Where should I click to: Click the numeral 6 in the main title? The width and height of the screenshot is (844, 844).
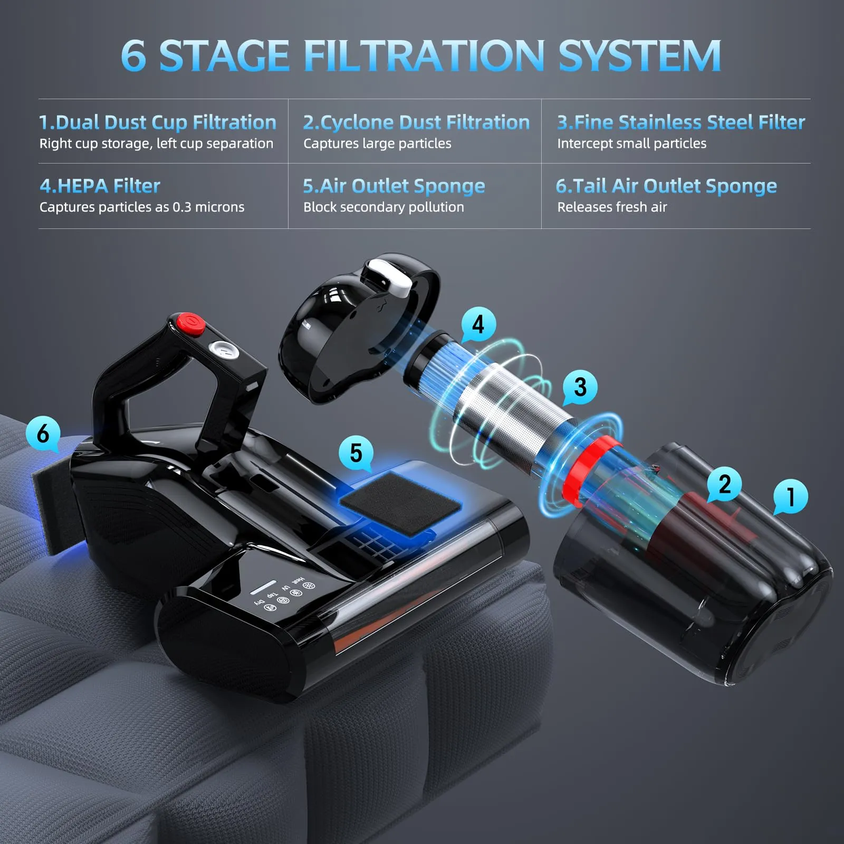[133, 55]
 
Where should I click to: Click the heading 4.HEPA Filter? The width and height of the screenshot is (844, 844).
[100, 186]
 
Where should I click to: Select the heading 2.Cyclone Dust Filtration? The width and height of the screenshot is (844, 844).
[416, 122]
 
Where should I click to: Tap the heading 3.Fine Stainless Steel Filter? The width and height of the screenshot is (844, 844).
[681, 122]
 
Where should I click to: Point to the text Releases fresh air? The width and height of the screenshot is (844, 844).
[612, 207]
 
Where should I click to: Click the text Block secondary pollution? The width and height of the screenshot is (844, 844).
[383, 207]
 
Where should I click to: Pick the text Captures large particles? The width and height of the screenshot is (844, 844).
[377, 143]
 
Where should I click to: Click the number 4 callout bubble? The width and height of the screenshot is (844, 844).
[478, 324]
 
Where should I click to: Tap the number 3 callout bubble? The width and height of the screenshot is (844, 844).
[580, 387]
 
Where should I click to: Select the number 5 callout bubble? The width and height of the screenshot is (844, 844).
[356, 453]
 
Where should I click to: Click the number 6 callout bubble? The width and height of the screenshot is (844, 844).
[43, 433]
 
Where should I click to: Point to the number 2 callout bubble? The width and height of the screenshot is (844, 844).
[725, 484]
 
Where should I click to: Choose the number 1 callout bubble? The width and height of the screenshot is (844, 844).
[790, 496]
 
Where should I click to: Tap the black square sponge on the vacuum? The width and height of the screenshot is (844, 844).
[400, 504]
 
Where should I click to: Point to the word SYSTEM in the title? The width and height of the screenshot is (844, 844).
[639, 55]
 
